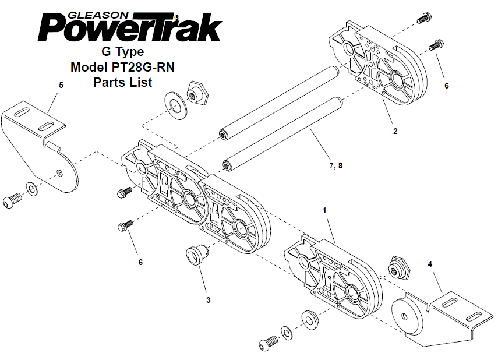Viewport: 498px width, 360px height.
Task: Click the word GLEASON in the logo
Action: coord(99,15)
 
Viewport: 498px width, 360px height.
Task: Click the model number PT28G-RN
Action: coord(143,67)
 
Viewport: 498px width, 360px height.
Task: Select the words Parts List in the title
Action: coord(123,82)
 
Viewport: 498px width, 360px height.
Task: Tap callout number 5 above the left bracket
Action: coord(61,85)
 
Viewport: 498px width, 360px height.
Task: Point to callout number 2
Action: coord(395,131)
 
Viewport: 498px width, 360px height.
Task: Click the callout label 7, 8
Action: coord(336,165)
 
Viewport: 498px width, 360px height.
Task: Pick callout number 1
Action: coord(324,210)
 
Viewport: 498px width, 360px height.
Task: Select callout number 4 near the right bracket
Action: coord(430,264)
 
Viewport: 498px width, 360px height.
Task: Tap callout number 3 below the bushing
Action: coord(209,300)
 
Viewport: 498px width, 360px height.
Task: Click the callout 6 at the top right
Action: coord(447,86)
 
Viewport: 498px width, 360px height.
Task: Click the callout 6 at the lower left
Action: coord(140,262)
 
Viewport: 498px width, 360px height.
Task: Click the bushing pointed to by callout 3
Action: coord(197,255)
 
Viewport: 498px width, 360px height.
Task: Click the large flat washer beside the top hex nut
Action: coord(176,106)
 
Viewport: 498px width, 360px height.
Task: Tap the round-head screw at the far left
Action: coord(12,201)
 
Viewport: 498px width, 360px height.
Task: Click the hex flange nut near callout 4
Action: coord(399,268)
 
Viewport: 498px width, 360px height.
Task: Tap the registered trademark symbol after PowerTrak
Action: coord(177,17)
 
